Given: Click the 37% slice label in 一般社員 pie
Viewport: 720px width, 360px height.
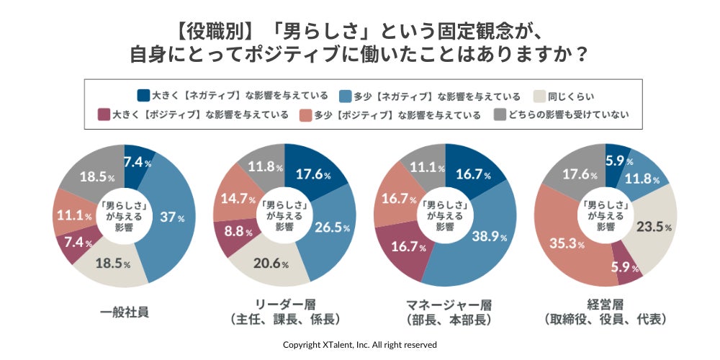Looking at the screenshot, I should [171, 217].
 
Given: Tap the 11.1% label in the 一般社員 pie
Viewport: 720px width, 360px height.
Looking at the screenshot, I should [73, 215].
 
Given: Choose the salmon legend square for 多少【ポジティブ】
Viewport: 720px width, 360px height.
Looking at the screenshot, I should [304, 114].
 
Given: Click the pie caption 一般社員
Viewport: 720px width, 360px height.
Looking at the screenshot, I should [125, 312].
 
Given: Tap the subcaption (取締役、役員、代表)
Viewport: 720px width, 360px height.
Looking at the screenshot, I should [606, 319].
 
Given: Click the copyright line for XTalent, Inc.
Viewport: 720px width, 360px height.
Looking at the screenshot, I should [359, 344].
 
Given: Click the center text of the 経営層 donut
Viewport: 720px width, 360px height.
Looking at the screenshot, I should [606, 215].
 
